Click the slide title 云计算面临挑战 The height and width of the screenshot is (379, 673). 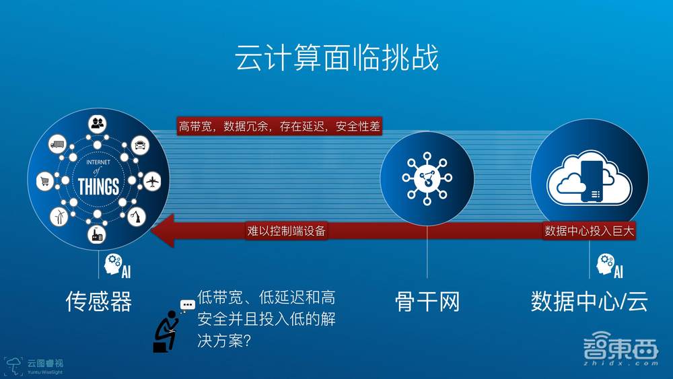(336, 59)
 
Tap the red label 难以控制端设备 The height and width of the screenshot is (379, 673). (287, 231)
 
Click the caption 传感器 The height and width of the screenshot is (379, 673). (99, 301)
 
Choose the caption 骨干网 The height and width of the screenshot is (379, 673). (427, 301)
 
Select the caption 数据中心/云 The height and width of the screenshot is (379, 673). (589, 301)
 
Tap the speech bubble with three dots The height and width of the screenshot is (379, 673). (187, 304)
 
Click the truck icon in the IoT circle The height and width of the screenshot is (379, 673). (57, 144)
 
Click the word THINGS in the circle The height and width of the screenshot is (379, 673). (98, 186)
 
